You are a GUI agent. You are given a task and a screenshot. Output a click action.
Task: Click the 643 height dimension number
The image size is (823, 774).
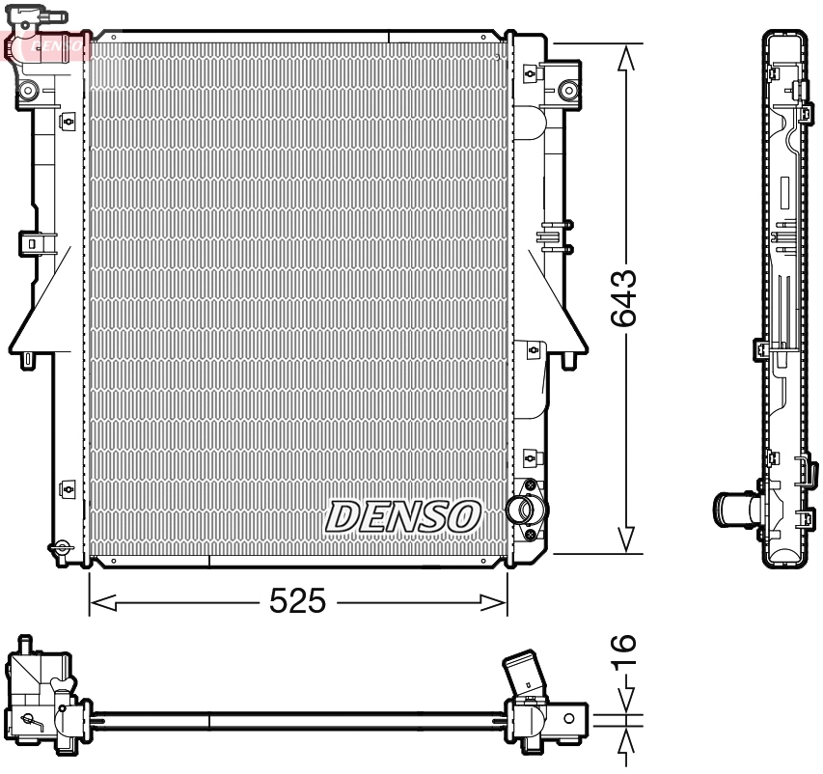pos(626,298)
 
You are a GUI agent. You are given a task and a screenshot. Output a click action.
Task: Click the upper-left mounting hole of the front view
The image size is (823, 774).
pos(28,91)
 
